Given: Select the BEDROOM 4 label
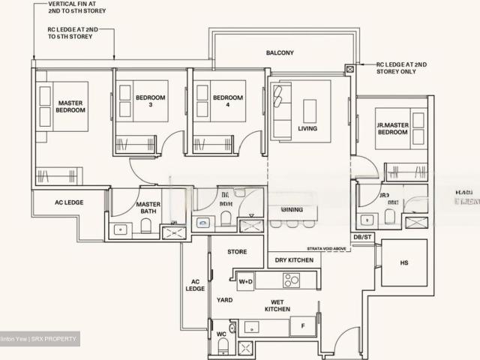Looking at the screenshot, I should point(228,101).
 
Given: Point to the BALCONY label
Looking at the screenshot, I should point(279,53).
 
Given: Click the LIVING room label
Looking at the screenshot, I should point(307,128).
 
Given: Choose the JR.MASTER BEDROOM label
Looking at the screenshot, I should point(392,128).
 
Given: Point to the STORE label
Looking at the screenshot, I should point(237,252).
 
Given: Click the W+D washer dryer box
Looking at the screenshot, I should point(245,282).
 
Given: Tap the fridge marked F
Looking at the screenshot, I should point(302,327).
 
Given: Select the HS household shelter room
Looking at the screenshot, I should point(404,262).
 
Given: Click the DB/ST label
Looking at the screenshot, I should point(363,237).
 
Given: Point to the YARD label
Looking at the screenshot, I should point(225,300).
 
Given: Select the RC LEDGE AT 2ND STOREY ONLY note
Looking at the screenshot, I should point(403,69).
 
